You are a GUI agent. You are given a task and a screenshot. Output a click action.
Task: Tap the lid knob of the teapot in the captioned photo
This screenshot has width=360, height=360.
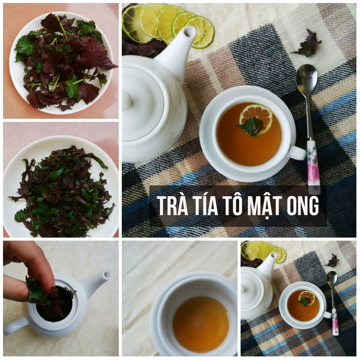coord(126,100)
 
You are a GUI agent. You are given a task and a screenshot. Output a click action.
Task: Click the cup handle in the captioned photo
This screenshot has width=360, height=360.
coord(298,153)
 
